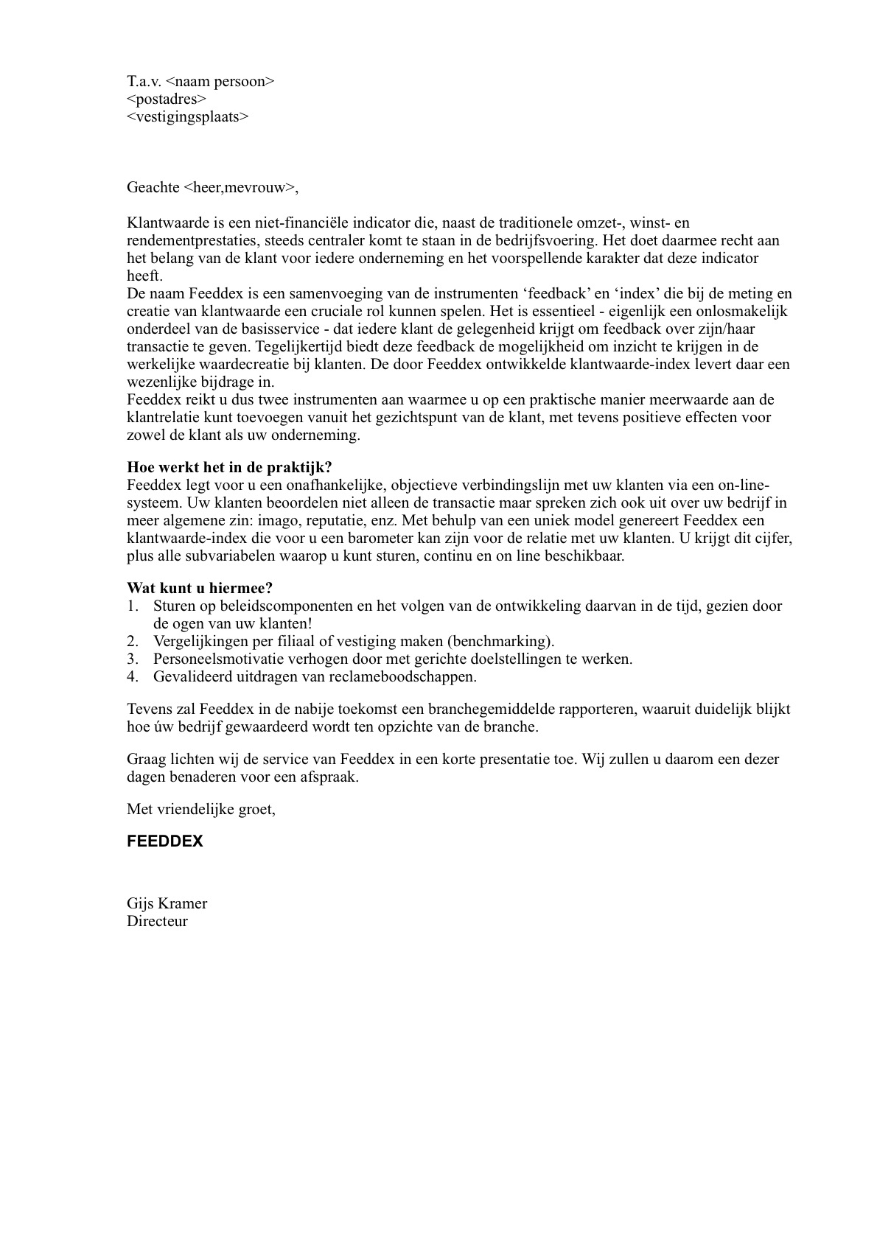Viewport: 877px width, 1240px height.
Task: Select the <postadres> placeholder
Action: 167,99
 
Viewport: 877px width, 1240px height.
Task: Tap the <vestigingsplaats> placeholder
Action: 188,116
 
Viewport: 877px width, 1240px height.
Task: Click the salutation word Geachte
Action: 153,187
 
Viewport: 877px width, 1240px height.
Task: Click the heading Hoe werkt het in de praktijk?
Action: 229,467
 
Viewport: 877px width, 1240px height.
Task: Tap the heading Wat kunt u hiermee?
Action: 200,588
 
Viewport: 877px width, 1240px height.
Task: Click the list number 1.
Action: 132,606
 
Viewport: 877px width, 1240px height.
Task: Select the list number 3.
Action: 132,659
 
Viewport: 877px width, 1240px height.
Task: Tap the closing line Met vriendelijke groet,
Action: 201,809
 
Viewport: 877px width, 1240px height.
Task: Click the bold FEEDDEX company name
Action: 165,841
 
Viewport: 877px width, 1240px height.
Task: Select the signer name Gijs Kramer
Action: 167,903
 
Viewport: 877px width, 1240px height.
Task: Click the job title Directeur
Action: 158,921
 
